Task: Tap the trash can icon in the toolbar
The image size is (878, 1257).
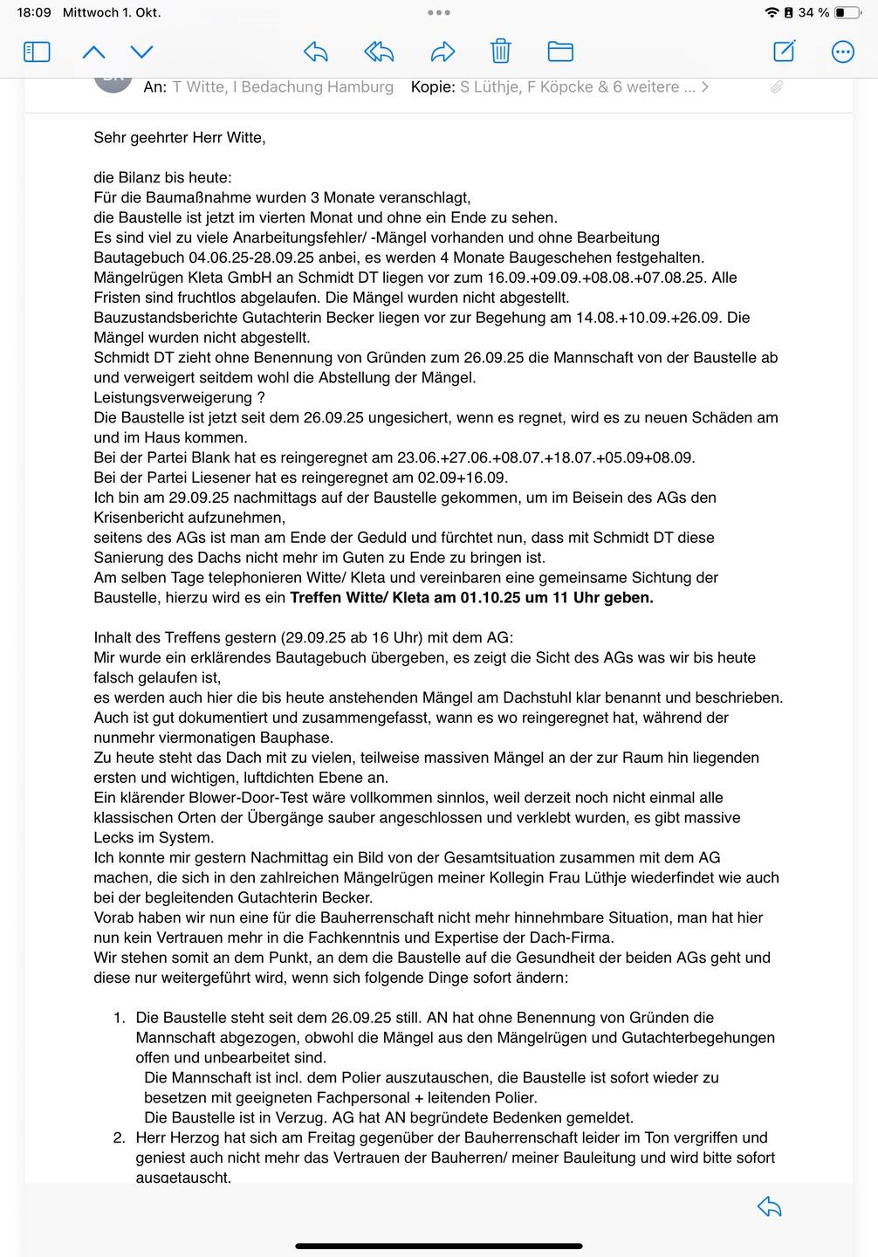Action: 500,52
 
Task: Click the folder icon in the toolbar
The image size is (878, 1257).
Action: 560,52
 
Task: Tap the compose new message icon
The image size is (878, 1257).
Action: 784,52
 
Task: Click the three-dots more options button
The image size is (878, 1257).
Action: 842,52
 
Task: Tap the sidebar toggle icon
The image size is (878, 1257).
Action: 37,52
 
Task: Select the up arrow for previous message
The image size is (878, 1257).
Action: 93,52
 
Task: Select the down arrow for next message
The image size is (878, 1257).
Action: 141,52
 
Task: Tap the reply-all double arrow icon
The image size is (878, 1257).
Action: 379,52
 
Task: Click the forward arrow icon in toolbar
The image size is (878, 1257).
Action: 443,52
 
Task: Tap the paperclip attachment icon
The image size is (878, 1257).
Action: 776,86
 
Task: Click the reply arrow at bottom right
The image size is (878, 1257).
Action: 769,1206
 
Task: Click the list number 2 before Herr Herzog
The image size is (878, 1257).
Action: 119,1137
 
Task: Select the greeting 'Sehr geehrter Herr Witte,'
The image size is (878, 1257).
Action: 180,138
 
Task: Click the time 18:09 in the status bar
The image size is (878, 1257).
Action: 34,13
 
